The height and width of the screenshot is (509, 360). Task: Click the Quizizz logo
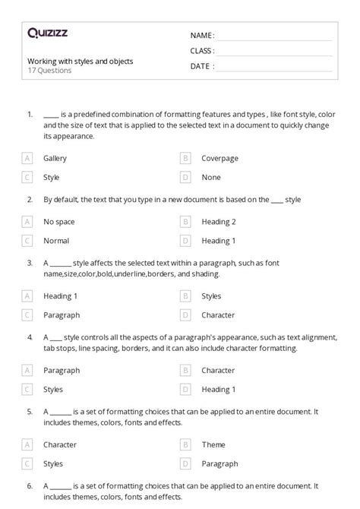47,33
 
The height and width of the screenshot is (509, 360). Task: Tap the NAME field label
202,36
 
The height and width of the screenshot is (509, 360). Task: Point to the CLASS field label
202,51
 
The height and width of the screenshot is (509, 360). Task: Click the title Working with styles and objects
81,61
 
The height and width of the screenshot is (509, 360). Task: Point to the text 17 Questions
50,71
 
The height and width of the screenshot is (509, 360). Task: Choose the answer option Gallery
55,158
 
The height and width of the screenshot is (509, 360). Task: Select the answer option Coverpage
219,158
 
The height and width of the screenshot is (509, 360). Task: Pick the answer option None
211,177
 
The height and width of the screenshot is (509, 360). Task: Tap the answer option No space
59,222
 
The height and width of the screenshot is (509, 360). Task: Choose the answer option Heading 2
219,222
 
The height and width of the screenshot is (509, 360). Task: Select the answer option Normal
56,241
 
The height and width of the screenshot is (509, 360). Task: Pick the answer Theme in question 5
213,444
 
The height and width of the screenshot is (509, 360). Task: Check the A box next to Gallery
27,158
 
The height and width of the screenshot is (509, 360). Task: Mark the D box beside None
185,177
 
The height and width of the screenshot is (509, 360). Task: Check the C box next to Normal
27,241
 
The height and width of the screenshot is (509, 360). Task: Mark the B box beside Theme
185,444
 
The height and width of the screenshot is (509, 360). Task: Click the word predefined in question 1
90,114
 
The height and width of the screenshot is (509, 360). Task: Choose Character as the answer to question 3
218,315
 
